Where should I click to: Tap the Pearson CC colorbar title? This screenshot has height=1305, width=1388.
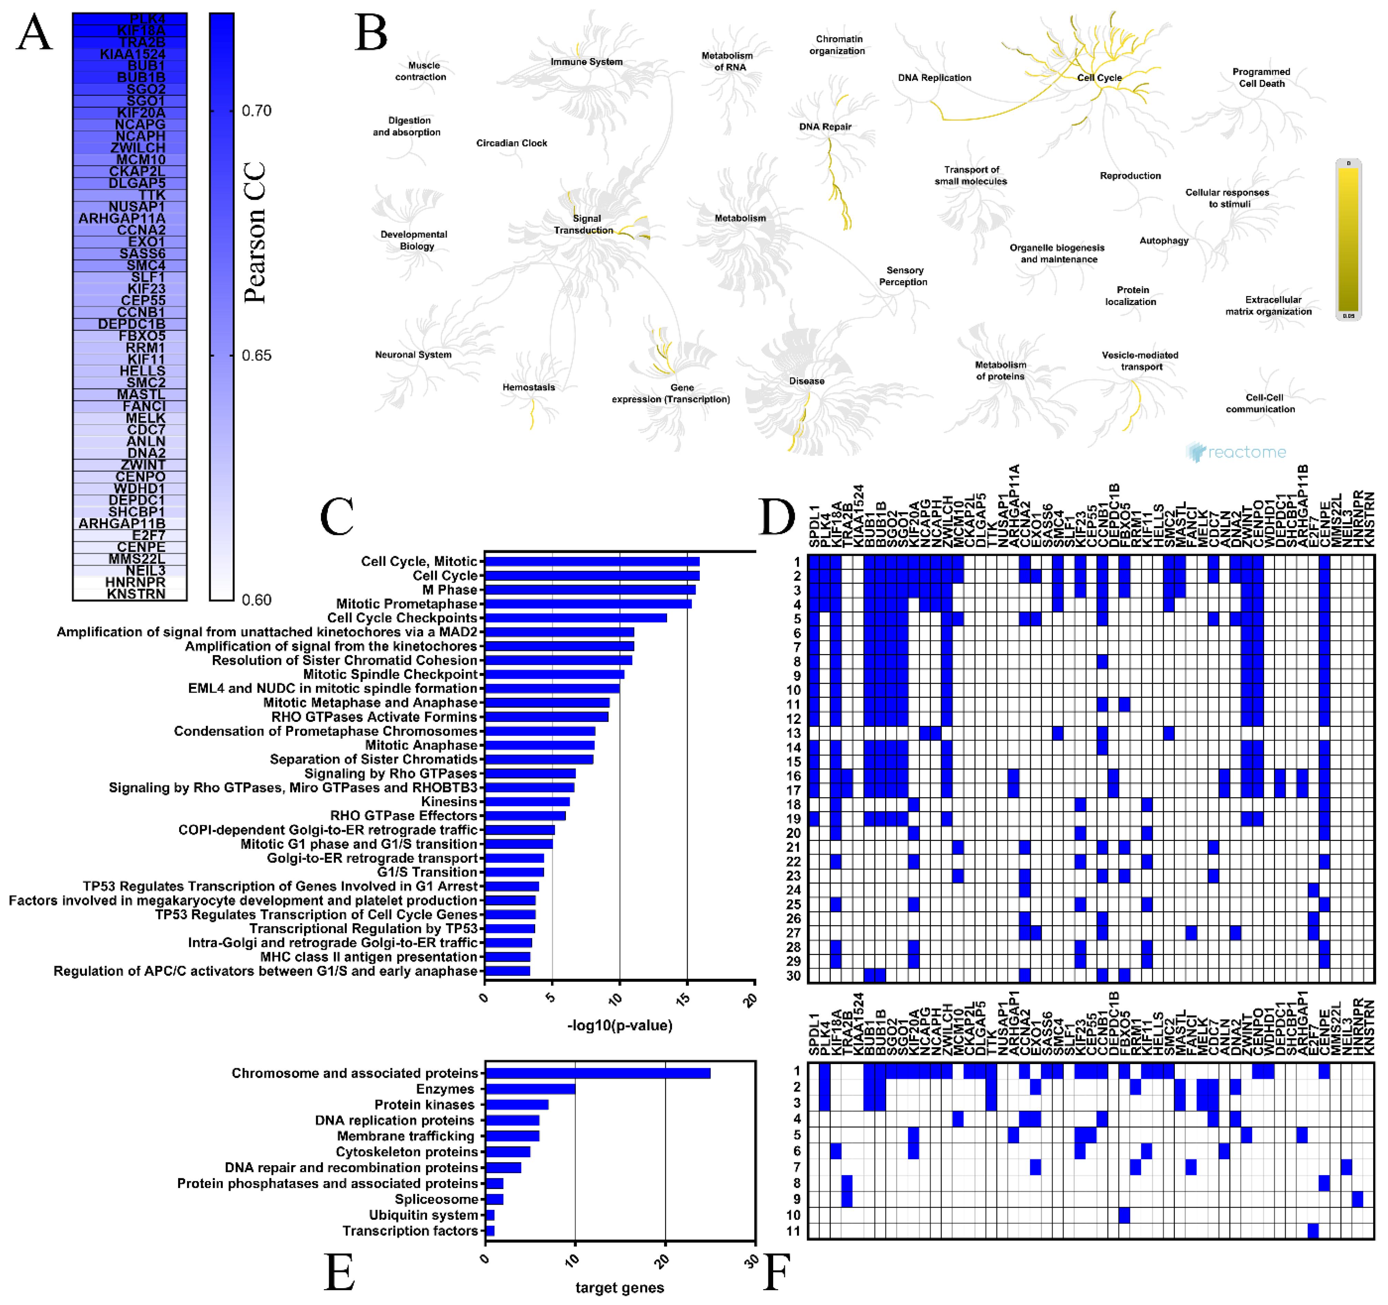tap(255, 232)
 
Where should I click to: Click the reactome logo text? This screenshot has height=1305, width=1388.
tap(1246, 452)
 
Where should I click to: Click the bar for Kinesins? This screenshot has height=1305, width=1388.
tap(527, 801)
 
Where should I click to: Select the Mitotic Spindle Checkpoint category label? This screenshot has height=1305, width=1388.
tap(390, 674)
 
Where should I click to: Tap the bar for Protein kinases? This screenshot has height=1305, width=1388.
tap(517, 1104)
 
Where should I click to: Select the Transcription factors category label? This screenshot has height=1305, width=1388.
tap(410, 1230)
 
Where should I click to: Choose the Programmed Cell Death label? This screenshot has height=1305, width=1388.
tap(1261, 77)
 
